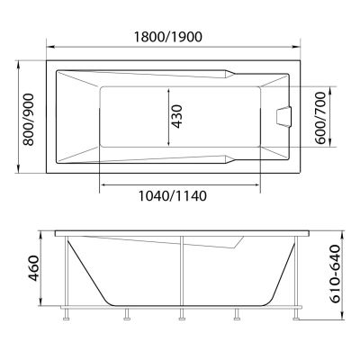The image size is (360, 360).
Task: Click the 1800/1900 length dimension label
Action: pyautogui.click(x=168, y=37)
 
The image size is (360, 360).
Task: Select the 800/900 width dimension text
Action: pyautogui.click(x=29, y=120)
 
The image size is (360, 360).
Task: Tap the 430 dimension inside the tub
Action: pyautogui.click(x=177, y=117)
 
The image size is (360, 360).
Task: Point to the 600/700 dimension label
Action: pyautogui.click(x=320, y=118)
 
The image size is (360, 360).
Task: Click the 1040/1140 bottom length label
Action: pyautogui.click(x=173, y=196)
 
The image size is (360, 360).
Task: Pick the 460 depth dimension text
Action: pyautogui.click(x=33, y=268)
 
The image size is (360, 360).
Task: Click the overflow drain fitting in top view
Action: pyautogui.click(x=283, y=117)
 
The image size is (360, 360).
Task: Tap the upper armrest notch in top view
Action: pyautogui.click(x=229, y=74)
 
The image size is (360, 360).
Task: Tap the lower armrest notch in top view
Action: pyautogui.click(x=229, y=160)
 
